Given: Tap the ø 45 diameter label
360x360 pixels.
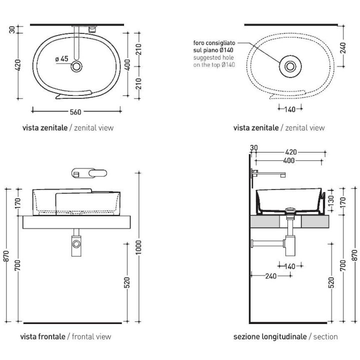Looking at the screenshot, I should click(x=62, y=59).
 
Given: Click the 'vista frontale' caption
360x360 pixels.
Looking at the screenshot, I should click(x=42, y=336).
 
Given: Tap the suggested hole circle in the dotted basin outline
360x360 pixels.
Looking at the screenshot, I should click(x=290, y=65).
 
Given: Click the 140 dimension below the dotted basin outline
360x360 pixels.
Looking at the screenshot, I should click(x=290, y=109).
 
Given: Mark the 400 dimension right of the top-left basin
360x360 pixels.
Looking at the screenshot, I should click(x=128, y=65).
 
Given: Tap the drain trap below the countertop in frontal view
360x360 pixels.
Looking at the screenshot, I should click(x=76, y=243).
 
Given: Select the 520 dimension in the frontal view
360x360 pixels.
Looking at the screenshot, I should click(x=126, y=282).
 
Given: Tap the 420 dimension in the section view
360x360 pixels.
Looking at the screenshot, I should click(x=291, y=152).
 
